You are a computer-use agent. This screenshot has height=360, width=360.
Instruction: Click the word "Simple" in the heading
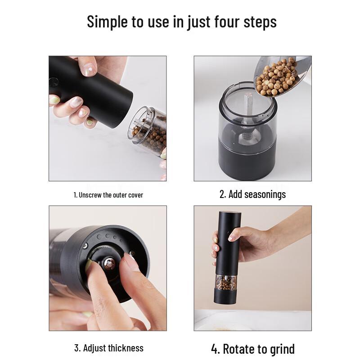[107, 22]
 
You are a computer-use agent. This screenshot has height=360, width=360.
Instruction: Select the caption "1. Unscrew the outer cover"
[108, 195]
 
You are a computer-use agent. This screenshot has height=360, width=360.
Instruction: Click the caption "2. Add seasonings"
[252, 194]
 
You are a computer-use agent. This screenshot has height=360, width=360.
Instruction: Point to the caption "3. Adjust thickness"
[108, 348]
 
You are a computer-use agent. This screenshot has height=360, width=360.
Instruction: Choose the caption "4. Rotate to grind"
[252, 349]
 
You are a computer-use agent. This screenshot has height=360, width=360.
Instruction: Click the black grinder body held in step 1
[97, 90]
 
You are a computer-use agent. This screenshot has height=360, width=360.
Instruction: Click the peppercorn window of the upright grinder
[225, 283]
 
